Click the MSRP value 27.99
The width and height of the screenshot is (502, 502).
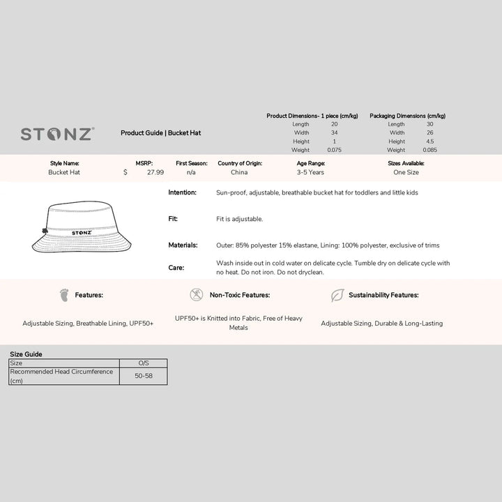pos(155,172)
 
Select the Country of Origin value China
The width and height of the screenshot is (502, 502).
pos(239,172)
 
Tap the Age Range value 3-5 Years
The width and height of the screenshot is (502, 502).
pos(310,172)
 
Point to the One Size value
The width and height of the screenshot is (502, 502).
pos(406,172)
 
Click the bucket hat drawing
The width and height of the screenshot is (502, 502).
pos(82,228)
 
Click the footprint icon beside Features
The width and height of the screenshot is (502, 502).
pos(64,295)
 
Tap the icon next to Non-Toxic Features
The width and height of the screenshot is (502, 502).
pos(197,295)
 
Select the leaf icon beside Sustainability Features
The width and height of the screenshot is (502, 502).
pos(337,295)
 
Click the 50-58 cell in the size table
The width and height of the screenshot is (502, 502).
pos(144,376)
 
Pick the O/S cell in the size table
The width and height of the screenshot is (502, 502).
pos(144,363)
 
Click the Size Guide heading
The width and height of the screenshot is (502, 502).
pos(26,354)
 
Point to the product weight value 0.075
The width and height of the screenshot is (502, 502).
pos(335,150)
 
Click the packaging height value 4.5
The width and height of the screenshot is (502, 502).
pos(429,142)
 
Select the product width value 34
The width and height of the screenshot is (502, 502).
pos(335,132)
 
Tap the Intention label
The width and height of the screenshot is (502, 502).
pos(183,192)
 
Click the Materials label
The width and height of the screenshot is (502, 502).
pos(183,245)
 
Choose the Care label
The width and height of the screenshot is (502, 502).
pos(176,268)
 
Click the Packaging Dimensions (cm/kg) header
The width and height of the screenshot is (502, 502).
pos(407,116)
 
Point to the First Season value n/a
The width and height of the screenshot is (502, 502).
pos(191,172)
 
